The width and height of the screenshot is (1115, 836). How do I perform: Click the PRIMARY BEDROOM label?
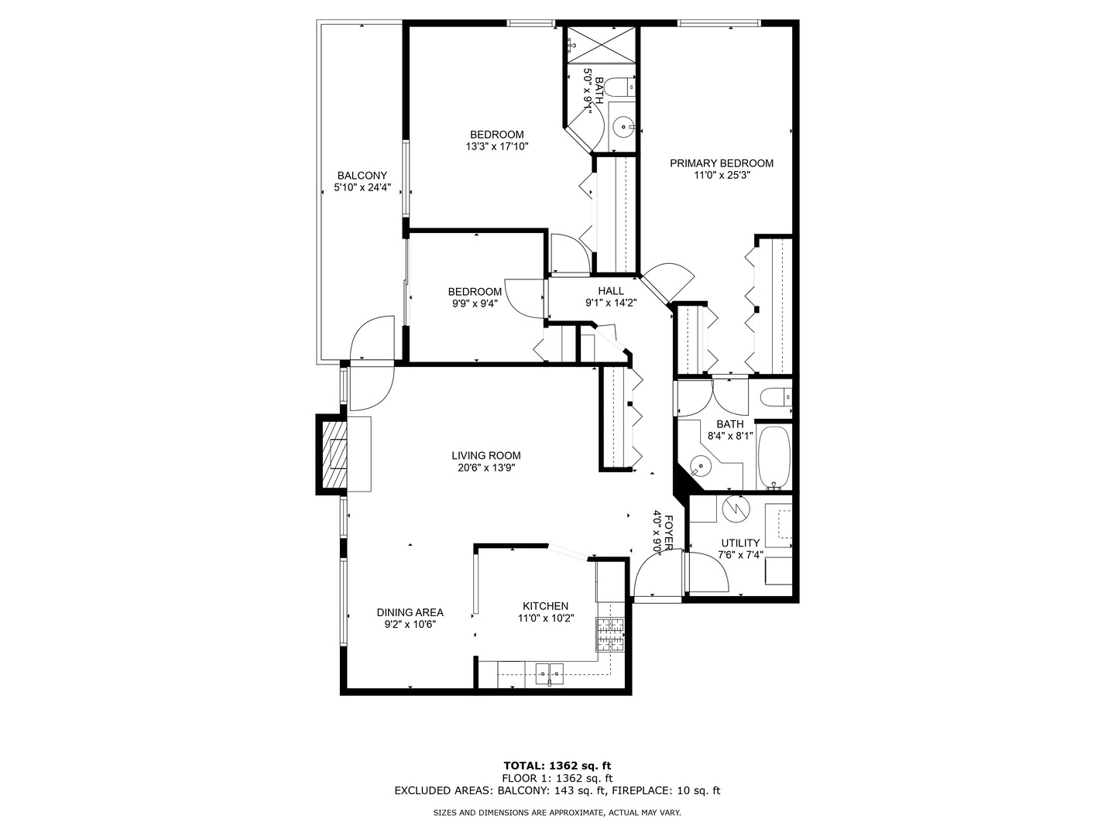click(722, 163)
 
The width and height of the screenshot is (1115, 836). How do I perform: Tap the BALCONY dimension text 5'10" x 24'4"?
click(362, 187)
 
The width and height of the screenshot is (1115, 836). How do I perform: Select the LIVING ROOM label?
click(486, 456)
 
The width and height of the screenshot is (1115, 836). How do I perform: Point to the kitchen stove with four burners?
click(610, 634)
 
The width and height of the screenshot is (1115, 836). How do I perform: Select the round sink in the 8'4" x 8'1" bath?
click(699, 467)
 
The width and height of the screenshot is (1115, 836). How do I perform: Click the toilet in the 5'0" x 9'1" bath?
click(621, 87)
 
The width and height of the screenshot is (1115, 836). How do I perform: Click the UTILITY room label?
click(740, 543)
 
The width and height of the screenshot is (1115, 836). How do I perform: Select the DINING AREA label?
click(410, 612)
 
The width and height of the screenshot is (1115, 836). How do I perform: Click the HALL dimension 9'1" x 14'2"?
click(611, 303)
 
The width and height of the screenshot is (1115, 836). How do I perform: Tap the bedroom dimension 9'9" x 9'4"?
click(475, 303)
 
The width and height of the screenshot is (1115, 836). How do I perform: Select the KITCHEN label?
click(546, 606)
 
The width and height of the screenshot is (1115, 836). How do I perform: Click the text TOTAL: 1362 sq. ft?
click(557, 766)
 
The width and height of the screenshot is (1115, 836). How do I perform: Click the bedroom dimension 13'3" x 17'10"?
click(497, 146)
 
